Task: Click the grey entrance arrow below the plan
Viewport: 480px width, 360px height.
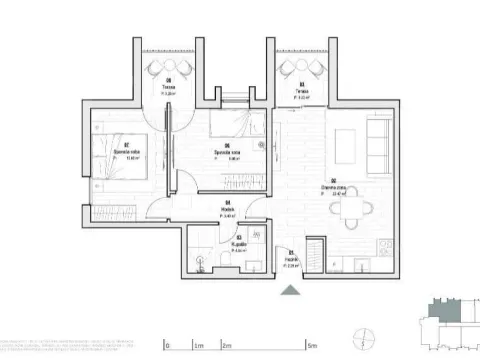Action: tap(291, 291)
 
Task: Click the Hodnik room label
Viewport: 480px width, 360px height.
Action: tap(227, 211)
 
